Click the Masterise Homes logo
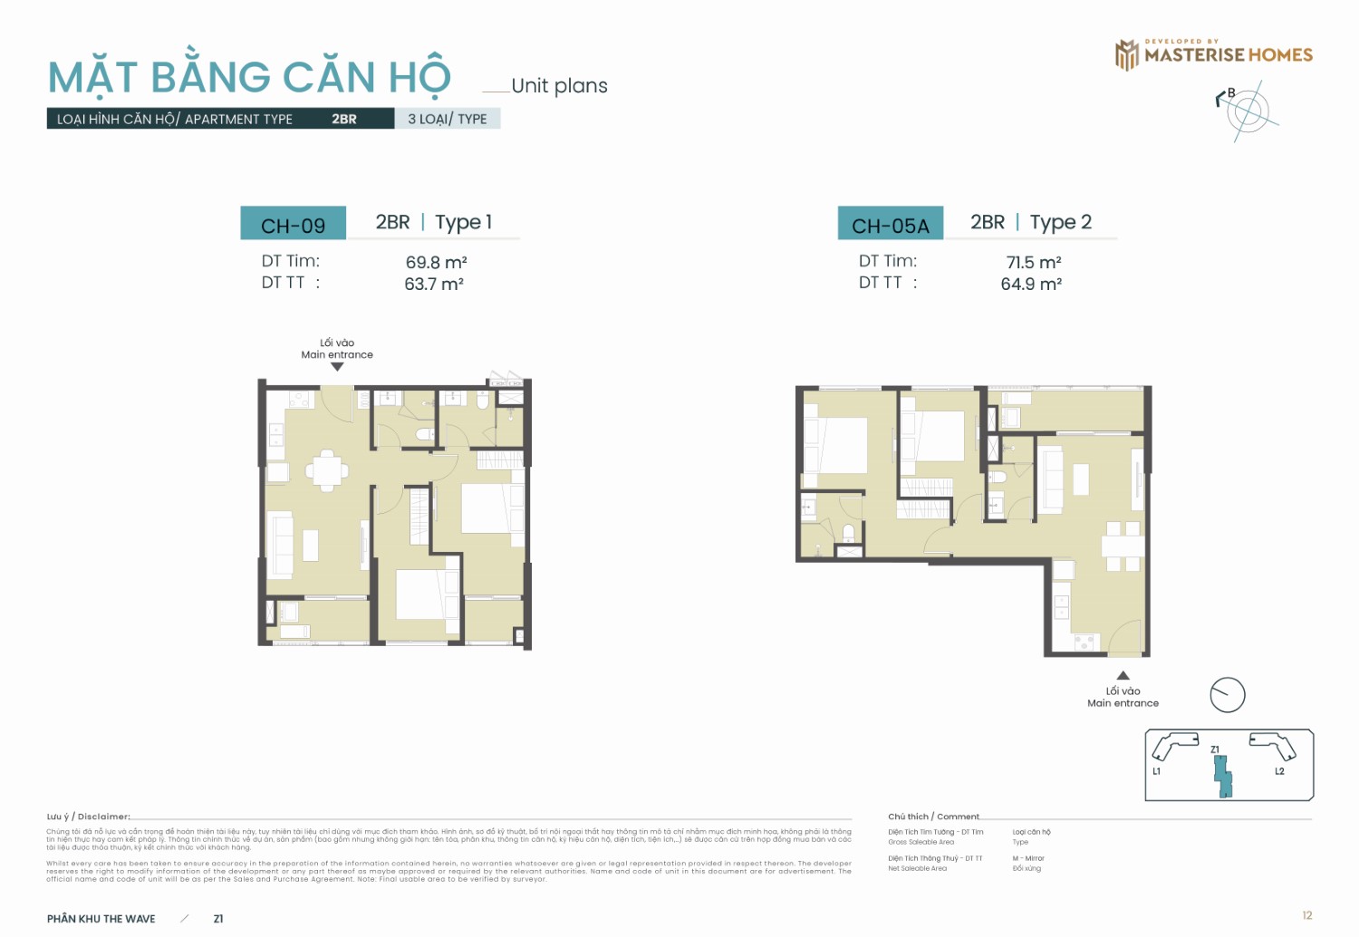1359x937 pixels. (1213, 54)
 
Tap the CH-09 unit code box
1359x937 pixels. (293, 225)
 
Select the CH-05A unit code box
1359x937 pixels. (890, 225)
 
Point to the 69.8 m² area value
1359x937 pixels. (436, 262)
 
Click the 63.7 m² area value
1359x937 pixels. (434, 284)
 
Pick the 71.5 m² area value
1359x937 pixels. (1033, 262)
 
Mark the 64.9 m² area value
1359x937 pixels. (1031, 284)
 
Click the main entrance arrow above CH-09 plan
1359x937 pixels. (337, 367)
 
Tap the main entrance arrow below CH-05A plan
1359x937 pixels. (1123, 675)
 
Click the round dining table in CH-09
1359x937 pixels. (326, 470)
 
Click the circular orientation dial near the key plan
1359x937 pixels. (1228, 695)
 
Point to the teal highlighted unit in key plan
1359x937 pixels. (1223, 776)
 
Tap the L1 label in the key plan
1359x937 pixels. (1157, 771)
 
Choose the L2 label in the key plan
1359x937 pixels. (1279, 771)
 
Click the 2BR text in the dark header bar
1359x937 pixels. (343, 119)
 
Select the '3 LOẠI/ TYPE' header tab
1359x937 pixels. (448, 119)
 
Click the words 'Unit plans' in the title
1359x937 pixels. (559, 86)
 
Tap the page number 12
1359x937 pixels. (1306, 915)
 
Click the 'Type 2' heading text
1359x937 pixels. (1060, 222)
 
